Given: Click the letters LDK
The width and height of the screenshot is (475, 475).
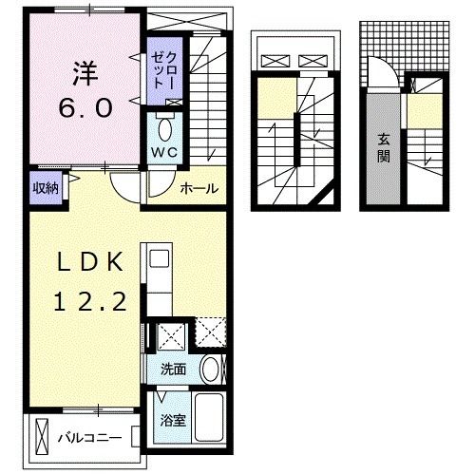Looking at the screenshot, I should coord(85,262).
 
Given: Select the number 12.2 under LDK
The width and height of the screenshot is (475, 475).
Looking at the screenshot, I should coord(85,301).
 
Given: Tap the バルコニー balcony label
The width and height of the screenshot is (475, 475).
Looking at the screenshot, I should coord(87,438).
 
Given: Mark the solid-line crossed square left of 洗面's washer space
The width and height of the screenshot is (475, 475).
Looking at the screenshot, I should coord(174,335).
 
